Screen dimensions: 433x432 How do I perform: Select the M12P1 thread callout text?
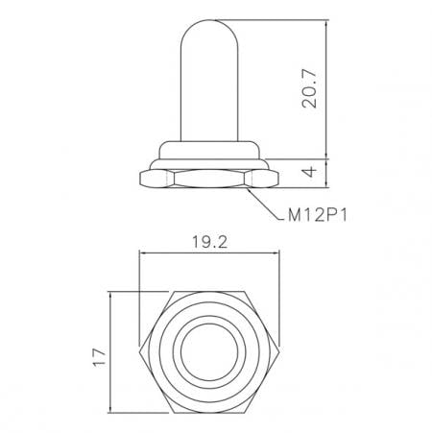click(x=316, y=217)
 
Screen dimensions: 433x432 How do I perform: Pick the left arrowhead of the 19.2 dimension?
click(x=144, y=253)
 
